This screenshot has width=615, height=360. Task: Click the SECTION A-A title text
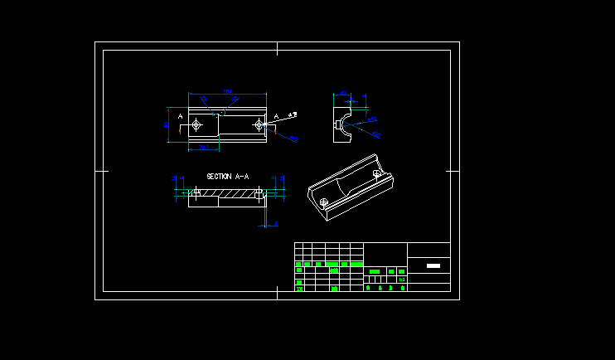(227, 177)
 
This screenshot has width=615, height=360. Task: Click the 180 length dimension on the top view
(227, 91)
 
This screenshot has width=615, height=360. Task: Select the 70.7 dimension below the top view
(204, 148)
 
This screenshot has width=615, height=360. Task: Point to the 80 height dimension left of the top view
(167, 124)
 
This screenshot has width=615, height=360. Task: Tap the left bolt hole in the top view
(196, 125)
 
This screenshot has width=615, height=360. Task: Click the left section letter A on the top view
(181, 116)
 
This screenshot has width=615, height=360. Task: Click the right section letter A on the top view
(276, 116)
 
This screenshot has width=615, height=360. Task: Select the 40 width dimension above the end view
(343, 93)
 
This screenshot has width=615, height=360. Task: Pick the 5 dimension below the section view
(276, 224)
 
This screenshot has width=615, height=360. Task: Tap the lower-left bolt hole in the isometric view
(324, 202)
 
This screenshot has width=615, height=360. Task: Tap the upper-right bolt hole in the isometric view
(378, 173)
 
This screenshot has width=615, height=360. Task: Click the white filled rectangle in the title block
(433, 266)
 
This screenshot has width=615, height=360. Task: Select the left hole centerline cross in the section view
(196, 192)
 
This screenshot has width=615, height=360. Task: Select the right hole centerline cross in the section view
(259, 192)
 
